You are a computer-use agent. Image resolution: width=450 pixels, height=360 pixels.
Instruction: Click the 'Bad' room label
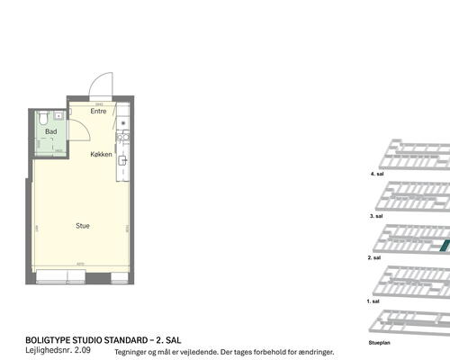pos(51,131)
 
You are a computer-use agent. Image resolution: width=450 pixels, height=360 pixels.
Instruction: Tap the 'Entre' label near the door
pos(98,112)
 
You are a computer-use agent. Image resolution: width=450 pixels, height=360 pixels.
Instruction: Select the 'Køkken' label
pos(101,155)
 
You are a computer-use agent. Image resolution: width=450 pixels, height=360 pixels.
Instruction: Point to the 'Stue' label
pos(82,226)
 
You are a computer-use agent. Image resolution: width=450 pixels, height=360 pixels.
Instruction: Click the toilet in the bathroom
pos(43,117)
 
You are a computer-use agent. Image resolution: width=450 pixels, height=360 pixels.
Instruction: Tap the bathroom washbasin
pos(58,115)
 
